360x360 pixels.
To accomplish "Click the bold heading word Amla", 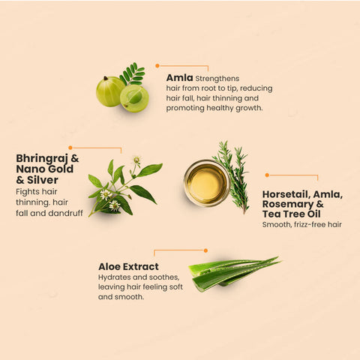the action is pos(179,78).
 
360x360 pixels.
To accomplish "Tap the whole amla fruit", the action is pos(110,91).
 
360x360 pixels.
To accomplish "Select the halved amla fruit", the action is pos(134,98).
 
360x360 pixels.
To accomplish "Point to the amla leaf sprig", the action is pos(133,73).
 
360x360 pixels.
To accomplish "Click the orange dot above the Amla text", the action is pos(157,66).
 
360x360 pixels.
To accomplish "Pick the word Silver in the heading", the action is pos(43,180).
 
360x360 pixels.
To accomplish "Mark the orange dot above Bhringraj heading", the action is pos(70,148).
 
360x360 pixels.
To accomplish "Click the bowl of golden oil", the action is pos(207,183).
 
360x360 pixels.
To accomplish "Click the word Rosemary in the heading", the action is pos(288,204).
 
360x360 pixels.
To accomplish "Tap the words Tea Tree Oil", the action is pos(292,214).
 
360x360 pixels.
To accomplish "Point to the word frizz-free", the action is pos(310,224).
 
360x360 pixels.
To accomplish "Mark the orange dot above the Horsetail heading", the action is pos(267,175).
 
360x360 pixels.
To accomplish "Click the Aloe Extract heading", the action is pos(128,267).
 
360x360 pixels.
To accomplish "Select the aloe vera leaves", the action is pos(235,274).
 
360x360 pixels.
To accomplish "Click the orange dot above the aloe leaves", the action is pos(205,250).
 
